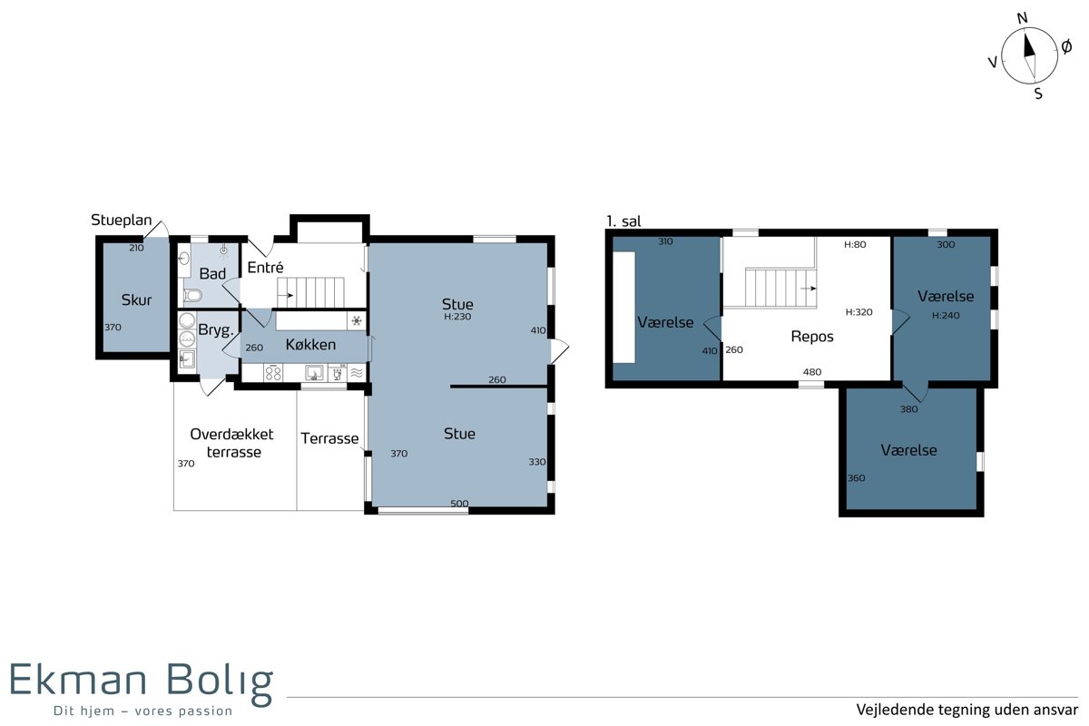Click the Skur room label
click(136, 300)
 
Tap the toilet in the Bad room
click(193, 295)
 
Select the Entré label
click(265, 267)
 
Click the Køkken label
click(310, 345)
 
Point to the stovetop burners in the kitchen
click(273, 374)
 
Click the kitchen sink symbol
click(314, 374)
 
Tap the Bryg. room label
click(216, 330)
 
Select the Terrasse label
click(329, 438)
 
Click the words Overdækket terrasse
click(232, 443)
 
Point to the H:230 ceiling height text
click(457, 317)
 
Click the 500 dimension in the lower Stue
click(459, 504)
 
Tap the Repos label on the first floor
click(812, 337)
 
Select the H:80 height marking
click(855, 245)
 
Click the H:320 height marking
click(859, 312)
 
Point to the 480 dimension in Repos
click(812, 372)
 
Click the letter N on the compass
click(1023, 18)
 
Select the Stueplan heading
click(122, 221)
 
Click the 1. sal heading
click(623, 221)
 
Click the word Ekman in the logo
click(78, 679)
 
